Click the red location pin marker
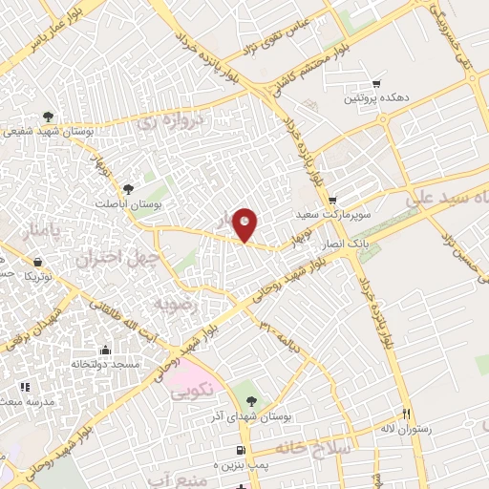(x=246, y=224)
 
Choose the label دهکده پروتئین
(x=378, y=97)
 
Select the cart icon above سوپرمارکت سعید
(x=331, y=201)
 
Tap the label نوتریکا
(x=38, y=276)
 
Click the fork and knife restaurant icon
(x=405, y=415)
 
